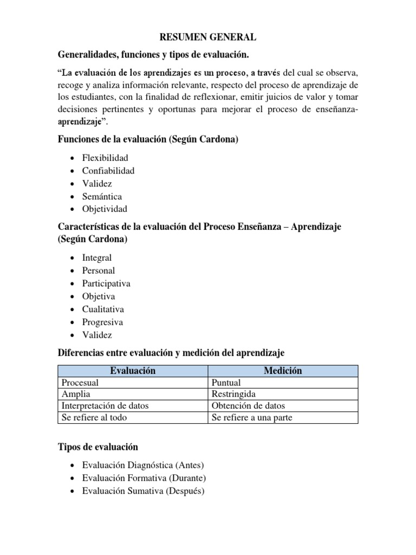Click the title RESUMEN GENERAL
(x=207, y=37)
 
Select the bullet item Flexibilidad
(x=105, y=158)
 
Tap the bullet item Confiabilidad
(x=108, y=171)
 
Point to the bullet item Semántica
(x=102, y=196)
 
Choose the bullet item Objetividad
(x=105, y=209)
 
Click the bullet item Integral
(x=97, y=257)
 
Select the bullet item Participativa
(x=106, y=283)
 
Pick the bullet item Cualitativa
(x=103, y=309)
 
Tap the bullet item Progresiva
(x=102, y=322)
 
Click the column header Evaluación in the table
(x=133, y=371)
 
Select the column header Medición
(x=283, y=371)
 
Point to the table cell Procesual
(x=80, y=383)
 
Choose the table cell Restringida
(x=233, y=394)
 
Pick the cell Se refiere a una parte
(x=252, y=418)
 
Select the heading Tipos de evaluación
(x=97, y=447)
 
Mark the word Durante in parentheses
(x=187, y=478)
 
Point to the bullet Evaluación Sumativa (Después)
(x=143, y=491)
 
